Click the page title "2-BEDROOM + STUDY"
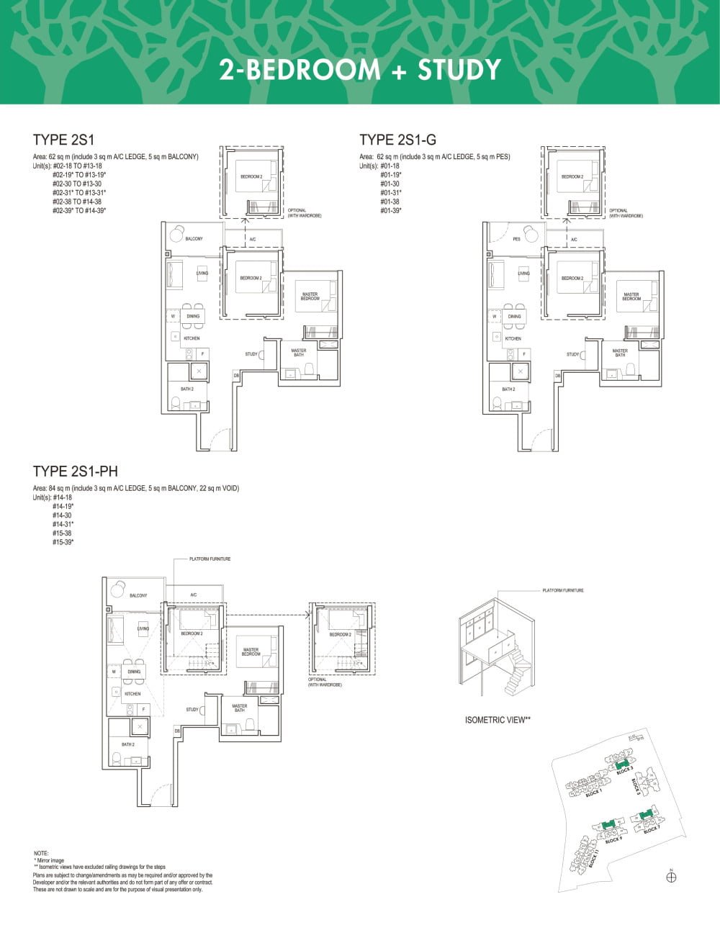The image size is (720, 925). pos(360,70)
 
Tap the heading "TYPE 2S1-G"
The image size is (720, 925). pos(397,140)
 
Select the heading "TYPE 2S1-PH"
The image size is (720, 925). pos(75,471)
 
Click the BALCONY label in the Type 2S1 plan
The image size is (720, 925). pos(194,239)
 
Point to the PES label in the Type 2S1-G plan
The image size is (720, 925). pos(516,239)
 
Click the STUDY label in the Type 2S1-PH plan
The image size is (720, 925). pos(192,710)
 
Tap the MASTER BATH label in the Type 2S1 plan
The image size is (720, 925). pos(299,353)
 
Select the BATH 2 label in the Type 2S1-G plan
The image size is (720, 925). pos(508,389)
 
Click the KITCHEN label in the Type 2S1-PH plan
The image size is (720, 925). pos(132,694)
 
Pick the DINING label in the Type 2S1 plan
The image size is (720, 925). pos(193,316)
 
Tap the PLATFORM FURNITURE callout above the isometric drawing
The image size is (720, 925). pos(563,590)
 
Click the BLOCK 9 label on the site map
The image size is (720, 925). pos(613,839)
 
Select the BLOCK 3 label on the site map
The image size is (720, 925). pos(625,770)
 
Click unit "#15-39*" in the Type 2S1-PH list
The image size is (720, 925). pos(63,541)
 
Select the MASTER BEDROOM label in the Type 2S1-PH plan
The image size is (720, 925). pos(251,652)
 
